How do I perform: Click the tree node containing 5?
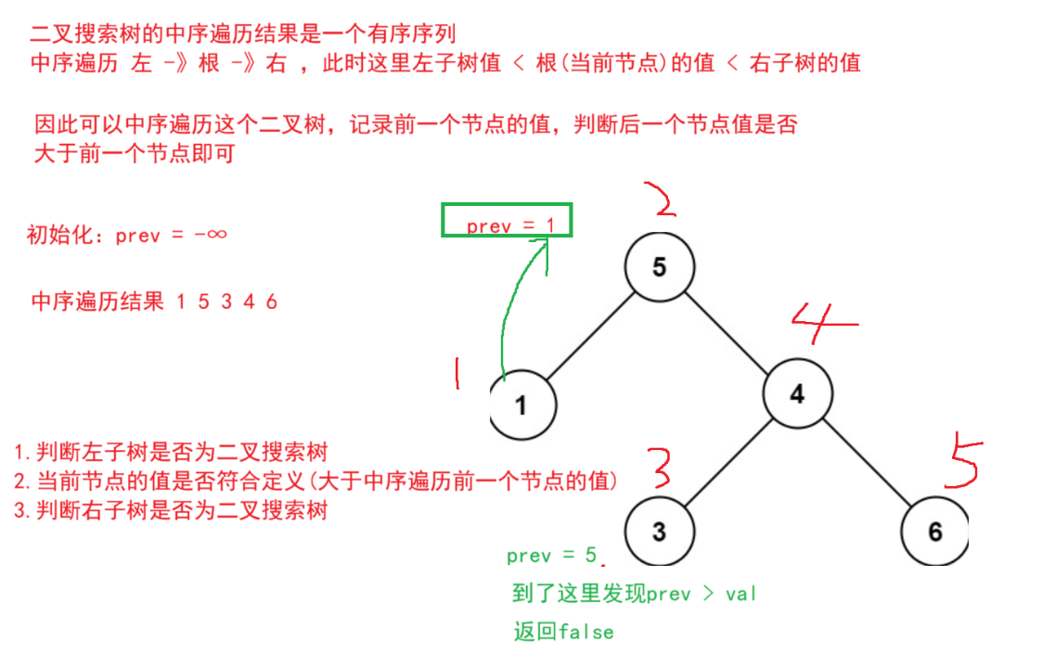659,267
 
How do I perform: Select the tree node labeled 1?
521,405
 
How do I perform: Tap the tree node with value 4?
797,393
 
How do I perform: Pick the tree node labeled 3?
658,532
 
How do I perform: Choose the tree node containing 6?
934,532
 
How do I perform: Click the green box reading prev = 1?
507,221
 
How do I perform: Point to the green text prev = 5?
552,556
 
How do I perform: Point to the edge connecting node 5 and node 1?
589,336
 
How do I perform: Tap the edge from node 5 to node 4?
728,330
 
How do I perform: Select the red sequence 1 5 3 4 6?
226,302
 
